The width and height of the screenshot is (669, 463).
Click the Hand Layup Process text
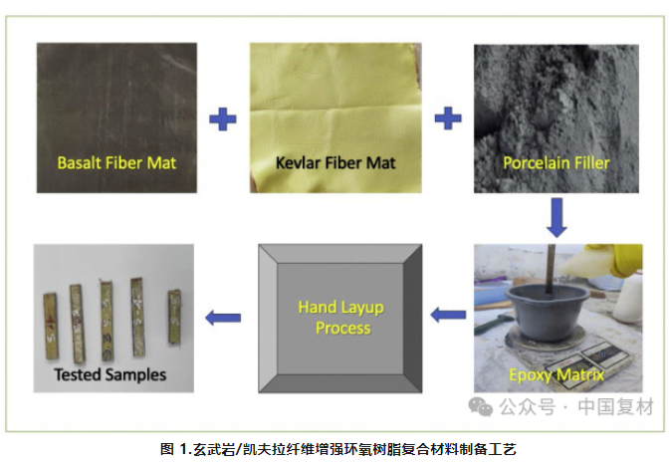pyautogui.click(x=341, y=317)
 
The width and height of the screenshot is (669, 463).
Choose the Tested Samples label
pyautogui.click(x=110, y=375)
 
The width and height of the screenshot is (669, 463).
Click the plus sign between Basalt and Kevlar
pyautogui.click(x=223, y=119)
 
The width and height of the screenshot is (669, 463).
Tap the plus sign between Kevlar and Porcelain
pyautogui.click(x=449, y=119)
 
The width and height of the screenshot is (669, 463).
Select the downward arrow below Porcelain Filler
pyautogui.click(x=557, y=216)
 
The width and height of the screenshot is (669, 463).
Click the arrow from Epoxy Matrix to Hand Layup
pyautogui.click(x=449, y=316)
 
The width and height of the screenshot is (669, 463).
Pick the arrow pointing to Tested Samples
pyautogui.click(x=223, y=318)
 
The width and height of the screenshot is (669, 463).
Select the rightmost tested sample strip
pyautogui.click(x=175, y=316)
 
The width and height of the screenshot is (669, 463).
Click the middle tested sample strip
pyautogui.click(x=107, y=317)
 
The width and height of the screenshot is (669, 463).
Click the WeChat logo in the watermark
pyautogui.click(x=482, y=407)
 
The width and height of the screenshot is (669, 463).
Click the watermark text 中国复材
pyautogui.click(x=614, y=407)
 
